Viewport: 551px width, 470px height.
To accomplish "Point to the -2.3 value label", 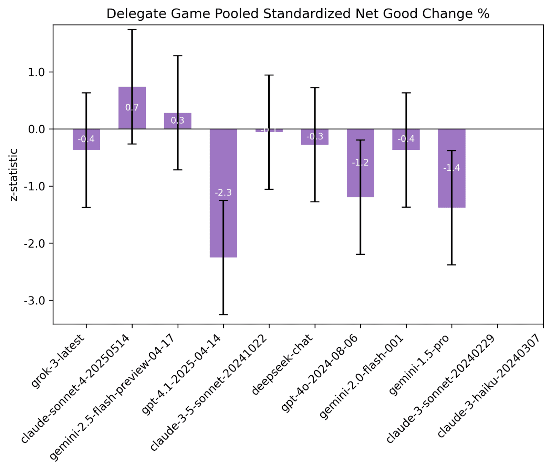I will pyautogui.click(x=223, y=192).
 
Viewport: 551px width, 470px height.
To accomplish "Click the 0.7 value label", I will pyautogui.click(x=132, y=107).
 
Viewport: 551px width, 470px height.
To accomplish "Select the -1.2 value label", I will pyautogui.click(x=360, y=163).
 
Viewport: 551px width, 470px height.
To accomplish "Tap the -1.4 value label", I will pyautogui.click(x=451, y=168).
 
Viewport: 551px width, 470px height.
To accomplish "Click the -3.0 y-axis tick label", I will pyautogui.click(x=35, y=301).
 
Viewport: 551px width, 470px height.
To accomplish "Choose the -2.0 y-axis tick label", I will pyautogui.click(x=35, y=243).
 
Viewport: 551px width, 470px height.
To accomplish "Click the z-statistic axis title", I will pyautogui.click(x=14, y=175).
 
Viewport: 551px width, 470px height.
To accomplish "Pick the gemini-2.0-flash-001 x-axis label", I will pyautogui.click(x=362, y=377).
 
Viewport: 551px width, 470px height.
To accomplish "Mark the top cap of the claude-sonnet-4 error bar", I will pyautogui.click(x=132, y=30).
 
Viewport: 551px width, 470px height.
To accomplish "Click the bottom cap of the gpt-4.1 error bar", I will pyautogui.click(x=223, y=314).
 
